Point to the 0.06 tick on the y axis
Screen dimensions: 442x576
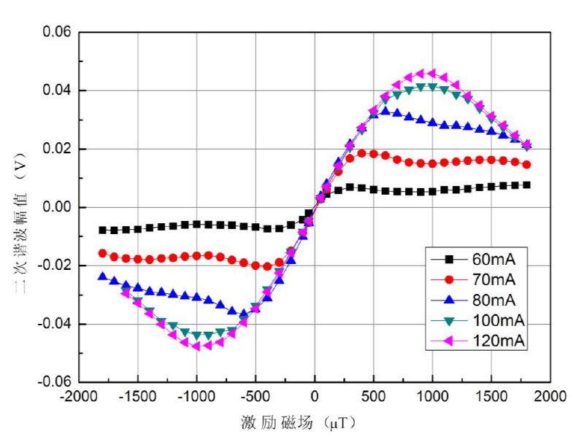(56, 33)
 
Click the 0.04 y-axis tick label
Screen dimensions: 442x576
(56, 90)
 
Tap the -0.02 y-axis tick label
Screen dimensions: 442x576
(54, 265)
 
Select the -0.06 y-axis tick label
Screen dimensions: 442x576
(54, 381)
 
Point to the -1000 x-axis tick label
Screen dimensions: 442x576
(196, 397)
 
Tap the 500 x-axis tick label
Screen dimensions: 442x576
(374, 397)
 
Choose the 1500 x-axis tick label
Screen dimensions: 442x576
(491, 397)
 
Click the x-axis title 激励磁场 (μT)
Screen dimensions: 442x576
(300, 422)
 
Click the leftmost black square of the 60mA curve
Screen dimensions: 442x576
(103, 230)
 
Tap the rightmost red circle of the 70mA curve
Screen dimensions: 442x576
(526, 165)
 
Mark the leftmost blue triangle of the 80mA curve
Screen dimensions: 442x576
(103, 276)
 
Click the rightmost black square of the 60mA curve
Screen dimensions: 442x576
(526, 185)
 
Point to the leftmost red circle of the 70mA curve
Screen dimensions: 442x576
(103, 253)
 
